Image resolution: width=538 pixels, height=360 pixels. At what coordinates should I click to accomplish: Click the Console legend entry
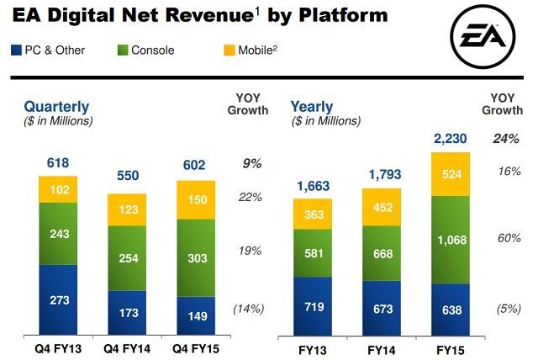146,50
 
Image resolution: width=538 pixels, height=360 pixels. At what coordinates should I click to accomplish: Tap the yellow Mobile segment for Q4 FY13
58,189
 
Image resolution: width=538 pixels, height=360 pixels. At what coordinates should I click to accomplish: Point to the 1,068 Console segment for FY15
451,240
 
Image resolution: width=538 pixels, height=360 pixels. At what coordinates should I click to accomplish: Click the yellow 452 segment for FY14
382,207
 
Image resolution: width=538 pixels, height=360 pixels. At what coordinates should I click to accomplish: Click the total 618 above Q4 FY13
58,162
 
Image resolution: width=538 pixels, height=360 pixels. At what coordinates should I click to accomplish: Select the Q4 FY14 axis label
129,347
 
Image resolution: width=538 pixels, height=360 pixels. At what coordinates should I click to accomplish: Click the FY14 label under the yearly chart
382,347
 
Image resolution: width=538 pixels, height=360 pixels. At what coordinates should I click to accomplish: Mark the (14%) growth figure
248,309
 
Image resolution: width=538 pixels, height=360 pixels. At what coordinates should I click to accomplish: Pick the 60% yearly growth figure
509,238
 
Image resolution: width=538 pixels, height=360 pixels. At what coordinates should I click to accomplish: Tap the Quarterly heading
56,107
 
